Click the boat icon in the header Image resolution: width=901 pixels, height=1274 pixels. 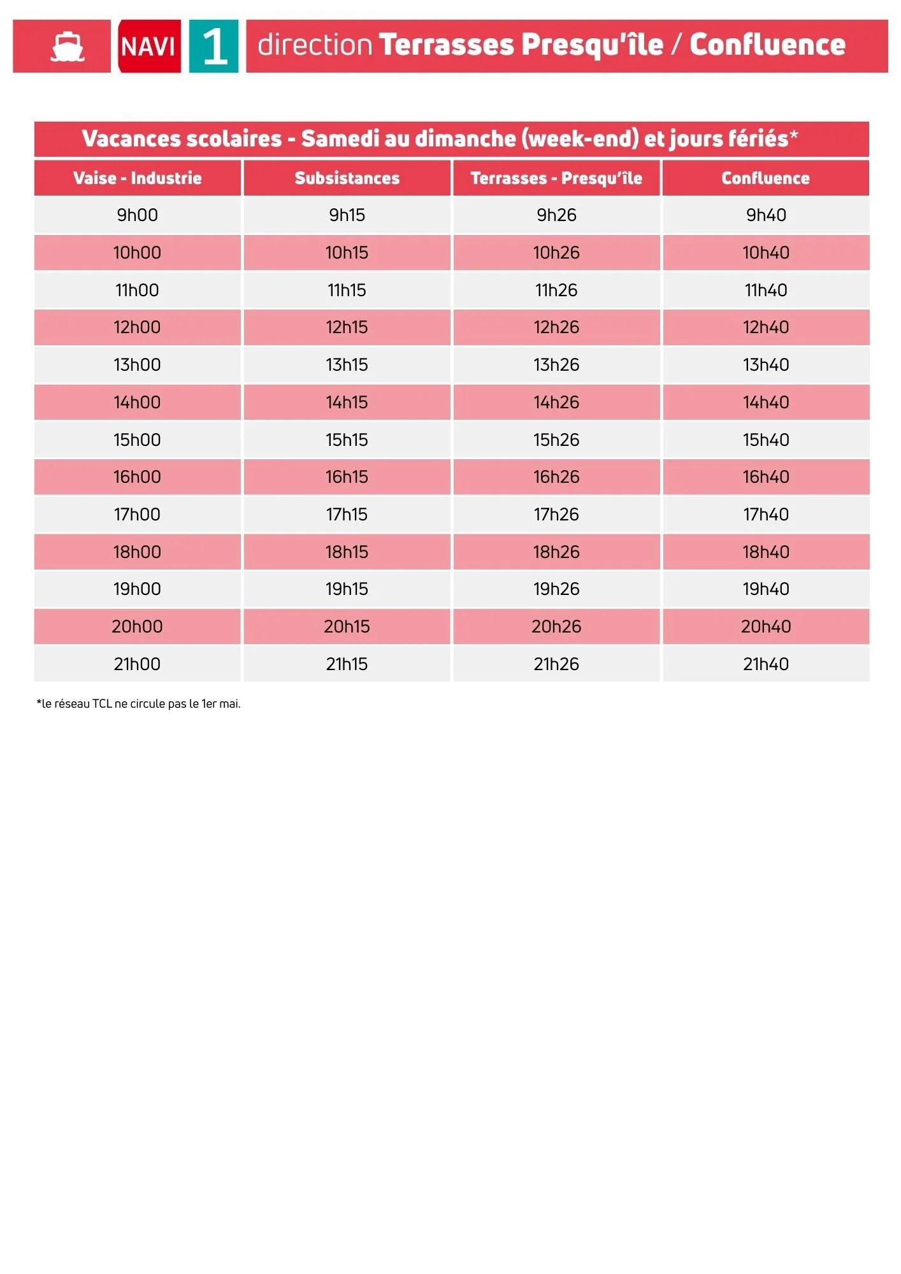pos(67,47)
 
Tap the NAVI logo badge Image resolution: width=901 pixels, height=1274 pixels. pos(148,47)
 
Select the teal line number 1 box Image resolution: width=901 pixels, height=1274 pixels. pos(214,47)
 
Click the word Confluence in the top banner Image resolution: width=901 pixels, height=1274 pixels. pos(767,45)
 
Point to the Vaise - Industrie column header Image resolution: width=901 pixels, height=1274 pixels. pos(137,178)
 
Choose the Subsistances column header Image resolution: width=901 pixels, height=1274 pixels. pos(347,178)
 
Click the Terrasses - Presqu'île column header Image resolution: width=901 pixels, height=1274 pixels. pos(556,178)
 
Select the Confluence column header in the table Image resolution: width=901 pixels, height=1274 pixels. pos(765,178)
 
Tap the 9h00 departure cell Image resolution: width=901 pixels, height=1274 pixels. pos(137,215)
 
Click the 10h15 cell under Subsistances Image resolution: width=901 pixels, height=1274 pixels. pos(347,253)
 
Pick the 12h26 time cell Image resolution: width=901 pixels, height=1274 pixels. pos(556,327)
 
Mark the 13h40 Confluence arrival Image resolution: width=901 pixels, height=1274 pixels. pos(765,365)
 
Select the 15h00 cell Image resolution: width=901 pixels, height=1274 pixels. pos(137,440)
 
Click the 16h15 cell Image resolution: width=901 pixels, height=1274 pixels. pos(347,477)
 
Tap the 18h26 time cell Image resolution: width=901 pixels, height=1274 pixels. pos(556,552)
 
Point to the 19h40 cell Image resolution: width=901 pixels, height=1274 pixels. pos(765,589)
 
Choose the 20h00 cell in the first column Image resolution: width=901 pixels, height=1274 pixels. pos(137,627)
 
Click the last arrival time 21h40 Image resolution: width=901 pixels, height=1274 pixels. pos(765,664)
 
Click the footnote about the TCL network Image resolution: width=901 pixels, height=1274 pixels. pos(138,704)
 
